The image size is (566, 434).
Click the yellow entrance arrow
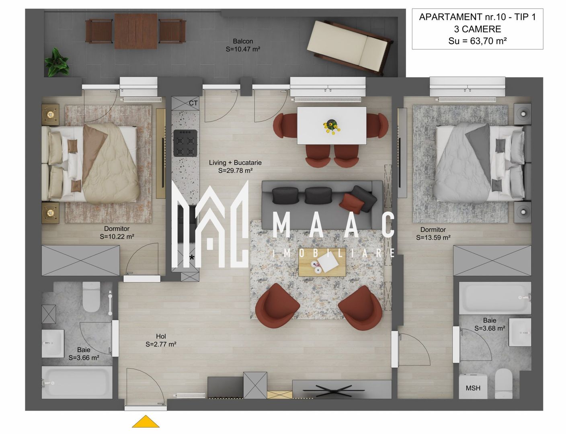[x=146, y=422]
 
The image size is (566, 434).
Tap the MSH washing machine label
[x=473, y=388]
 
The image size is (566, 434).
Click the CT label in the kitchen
[x=193, y=103]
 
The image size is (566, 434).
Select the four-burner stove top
[x=185, y=143]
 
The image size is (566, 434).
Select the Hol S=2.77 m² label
[x=161, y=340]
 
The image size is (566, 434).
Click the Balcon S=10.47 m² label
[x=243, y=45]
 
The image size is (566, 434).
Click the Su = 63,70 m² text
[x=477, y=41]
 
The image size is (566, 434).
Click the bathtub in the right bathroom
[x=495, y=298]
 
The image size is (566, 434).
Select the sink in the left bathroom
[x=53, y=343]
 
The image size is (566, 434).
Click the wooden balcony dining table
[x=135, y=31]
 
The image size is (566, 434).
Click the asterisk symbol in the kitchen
[x=192, y=258]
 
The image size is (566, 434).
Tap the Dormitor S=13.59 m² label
[x=433, y=233]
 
